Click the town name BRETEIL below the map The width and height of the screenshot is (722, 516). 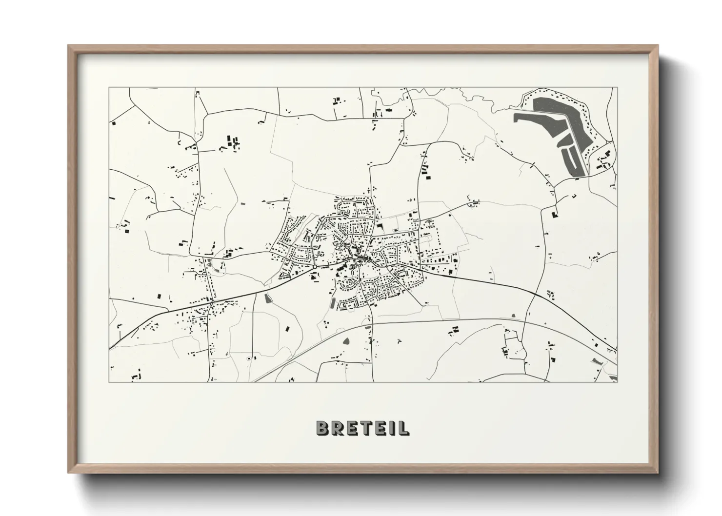coord(362,428)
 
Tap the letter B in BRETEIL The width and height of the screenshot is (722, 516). coord(322,428)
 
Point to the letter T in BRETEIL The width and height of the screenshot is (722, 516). coord(361,428)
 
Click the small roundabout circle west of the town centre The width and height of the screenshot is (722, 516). coord(315,267)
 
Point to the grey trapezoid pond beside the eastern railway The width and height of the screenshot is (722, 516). coord(514,316)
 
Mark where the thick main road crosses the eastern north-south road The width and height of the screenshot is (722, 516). coord(535,295)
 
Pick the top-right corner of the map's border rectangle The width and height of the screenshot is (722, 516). coord(617,88)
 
